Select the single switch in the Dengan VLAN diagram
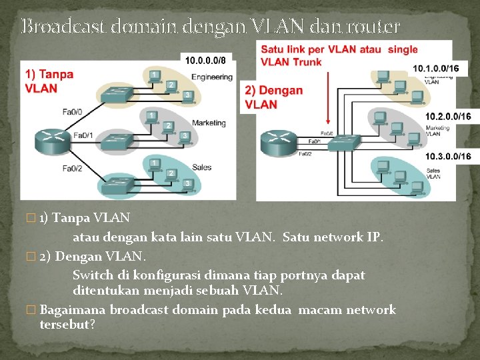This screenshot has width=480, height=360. [345, 141]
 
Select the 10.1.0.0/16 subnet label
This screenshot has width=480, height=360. [436, 69]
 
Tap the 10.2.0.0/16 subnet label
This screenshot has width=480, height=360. [448, 117]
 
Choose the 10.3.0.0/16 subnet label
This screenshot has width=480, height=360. [448, 157]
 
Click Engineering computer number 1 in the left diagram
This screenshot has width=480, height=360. [155, 75]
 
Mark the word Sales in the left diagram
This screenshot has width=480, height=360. [201, 167]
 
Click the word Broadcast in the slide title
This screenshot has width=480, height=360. [64, 27]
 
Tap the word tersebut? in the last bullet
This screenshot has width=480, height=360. [67, 325]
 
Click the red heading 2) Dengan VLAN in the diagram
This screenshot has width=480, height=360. [274, 97]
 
